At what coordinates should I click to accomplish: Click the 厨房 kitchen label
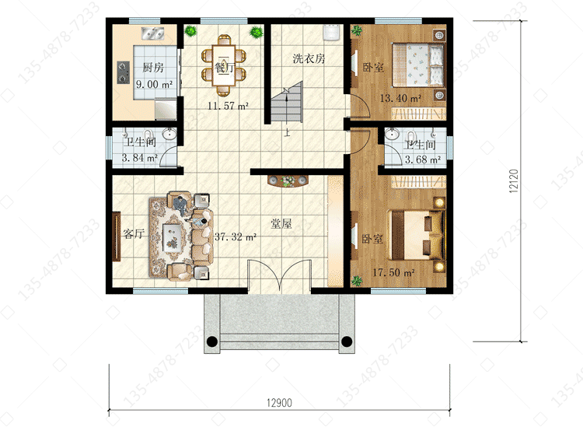(153, 68)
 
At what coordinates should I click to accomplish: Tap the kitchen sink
(153, 33)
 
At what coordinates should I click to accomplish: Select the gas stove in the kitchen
(124, 72)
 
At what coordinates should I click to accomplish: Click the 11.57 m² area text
(228, 106)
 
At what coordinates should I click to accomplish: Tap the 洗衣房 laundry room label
(309, 58)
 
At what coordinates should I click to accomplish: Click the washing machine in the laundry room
(330, 32)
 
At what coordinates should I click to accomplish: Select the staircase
(287, 102)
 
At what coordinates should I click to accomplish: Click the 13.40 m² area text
(400, 99)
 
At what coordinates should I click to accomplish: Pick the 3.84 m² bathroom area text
(140, 158)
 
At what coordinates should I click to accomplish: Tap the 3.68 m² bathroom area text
(423, 159)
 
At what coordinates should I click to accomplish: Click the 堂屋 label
(281, 223)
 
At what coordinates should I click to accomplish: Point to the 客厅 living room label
(134, 234)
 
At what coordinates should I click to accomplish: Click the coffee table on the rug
(173, 237)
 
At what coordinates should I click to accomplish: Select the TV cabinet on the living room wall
(117, 236)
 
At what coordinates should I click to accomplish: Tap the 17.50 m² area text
(394, 272)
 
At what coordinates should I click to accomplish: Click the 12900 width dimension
(279, 403)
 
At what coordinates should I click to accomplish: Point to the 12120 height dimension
(514, 181)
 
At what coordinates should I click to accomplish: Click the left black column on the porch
(211, 341)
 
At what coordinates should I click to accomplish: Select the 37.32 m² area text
(236, 236)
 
